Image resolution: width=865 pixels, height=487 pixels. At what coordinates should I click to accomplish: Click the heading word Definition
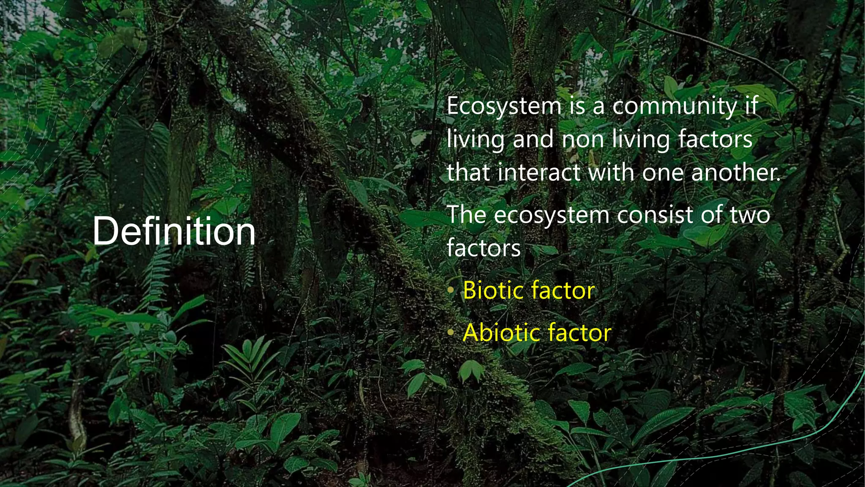(x=174, y=231)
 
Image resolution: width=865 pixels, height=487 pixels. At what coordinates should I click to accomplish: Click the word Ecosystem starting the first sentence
(x=504, y=106)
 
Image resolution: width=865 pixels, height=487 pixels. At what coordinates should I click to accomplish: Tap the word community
(x=674, y=106)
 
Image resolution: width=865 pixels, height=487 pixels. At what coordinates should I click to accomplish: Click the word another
(x=735, y=172)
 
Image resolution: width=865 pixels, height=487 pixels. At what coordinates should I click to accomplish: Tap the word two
(x=750, y=215)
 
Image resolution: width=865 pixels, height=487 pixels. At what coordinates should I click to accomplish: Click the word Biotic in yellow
(x=492, y=290)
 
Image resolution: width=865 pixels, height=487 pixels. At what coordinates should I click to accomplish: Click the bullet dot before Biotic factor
(x=451, y=290)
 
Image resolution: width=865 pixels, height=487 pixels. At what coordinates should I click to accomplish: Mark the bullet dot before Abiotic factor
(x=451, y=333)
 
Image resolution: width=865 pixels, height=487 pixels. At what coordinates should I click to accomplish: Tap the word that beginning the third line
(x=469, y=172)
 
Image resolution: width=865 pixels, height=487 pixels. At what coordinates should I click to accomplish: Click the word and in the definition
(x=533, y=140)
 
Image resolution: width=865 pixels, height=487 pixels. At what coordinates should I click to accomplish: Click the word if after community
(x=751, y=106)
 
